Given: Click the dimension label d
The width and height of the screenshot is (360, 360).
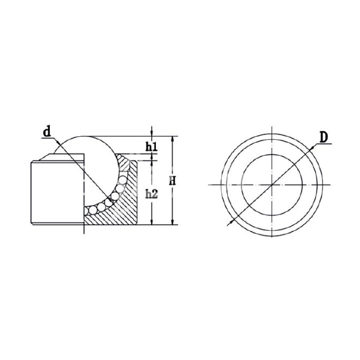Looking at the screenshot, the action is point(47,132).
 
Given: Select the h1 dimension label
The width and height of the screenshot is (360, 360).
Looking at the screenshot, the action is point(152,147).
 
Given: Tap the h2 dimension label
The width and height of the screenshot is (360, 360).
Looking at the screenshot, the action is point(152,194).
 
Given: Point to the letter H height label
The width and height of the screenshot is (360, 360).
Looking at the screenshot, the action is point(172,181).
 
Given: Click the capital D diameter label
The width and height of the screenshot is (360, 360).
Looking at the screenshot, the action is point(323,137).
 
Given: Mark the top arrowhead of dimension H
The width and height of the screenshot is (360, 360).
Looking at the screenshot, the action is point(172,139).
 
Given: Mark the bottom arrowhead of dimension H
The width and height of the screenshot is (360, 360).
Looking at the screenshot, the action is point(172,222).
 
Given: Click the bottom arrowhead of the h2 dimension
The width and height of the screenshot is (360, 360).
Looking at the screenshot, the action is point(151,222).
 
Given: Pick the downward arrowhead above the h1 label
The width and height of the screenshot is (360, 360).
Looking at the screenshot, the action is point(151,134).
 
